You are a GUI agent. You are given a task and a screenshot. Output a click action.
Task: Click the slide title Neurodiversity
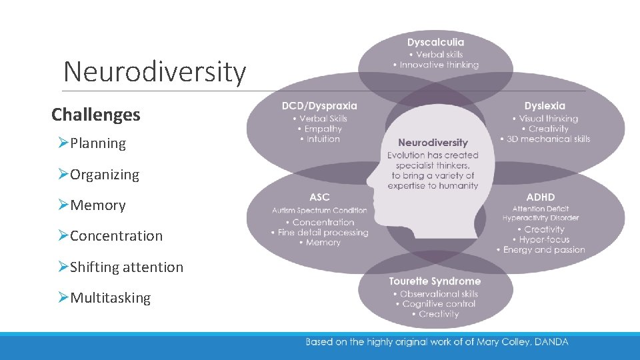[155, 71]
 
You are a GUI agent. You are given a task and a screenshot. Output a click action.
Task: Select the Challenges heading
[96, 115]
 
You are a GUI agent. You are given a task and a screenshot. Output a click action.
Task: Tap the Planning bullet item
[97, 143]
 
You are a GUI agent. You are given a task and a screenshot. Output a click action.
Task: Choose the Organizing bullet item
[105, 175]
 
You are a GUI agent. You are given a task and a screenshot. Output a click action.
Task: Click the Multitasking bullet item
[110, 298]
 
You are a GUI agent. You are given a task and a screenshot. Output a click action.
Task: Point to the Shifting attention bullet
[126, 267]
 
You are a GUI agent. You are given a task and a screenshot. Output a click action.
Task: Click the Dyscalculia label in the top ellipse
[435, 43]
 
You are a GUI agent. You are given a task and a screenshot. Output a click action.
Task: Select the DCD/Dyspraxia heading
[319, 106]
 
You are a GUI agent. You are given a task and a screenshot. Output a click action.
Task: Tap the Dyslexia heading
[545, 106]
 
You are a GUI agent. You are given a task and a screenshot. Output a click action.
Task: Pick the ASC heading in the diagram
[319, 197]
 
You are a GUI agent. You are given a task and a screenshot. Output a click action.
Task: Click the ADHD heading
[540, 197]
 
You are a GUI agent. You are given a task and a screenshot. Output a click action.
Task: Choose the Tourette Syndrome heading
[435, 281]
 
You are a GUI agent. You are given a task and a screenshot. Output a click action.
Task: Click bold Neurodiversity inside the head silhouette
[433, 143]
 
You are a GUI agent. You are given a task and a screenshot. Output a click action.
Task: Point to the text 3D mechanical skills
[549, 139]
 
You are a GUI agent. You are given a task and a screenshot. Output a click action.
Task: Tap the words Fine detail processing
[323, 233]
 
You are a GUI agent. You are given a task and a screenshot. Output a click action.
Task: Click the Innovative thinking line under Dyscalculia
[439, 65]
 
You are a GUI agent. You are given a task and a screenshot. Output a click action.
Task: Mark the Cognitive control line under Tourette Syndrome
[439, 304]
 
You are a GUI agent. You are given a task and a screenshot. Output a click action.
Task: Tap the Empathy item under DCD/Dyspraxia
[323, 129]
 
